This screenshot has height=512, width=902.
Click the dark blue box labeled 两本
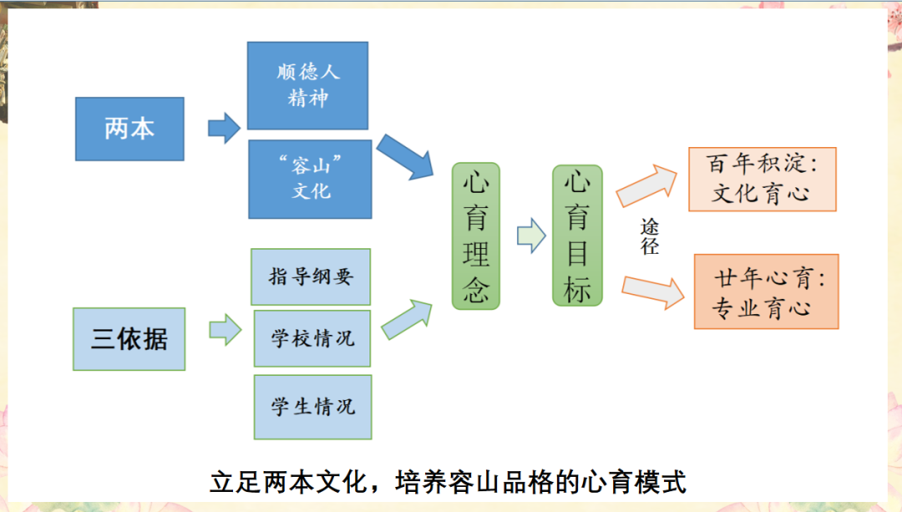click(129, 129)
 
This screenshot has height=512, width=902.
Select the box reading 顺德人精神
click(308, 86)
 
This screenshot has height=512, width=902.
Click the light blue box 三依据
click(129, 339)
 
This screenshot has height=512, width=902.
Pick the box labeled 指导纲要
click(311, 276)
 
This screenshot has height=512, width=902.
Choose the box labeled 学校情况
click(312, 338)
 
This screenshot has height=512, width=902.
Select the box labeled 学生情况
click(312, 408)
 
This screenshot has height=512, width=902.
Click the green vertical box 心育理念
click(476, 236)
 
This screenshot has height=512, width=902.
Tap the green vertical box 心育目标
click(577, 235)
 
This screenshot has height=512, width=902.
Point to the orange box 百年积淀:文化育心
click(761, 179)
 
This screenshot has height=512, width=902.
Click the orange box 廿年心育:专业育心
click(766, 292)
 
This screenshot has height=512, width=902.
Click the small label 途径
click(651, 236)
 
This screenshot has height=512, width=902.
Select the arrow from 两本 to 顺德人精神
click(224, 128)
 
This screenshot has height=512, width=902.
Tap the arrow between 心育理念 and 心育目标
click(530, 236)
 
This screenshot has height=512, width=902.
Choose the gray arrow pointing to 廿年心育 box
click(652, 289)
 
